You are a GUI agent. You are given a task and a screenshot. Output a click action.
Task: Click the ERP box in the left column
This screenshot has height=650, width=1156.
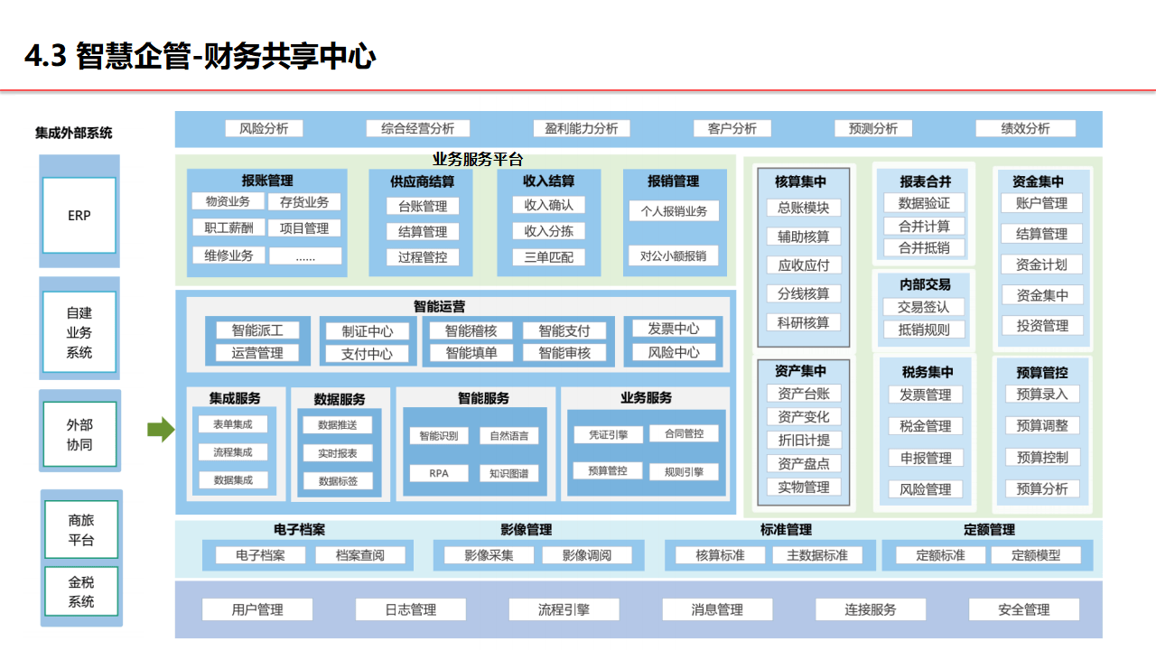tap(79, 216)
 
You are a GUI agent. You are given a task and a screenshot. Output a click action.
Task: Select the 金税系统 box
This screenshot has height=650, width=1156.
tap(80, 591)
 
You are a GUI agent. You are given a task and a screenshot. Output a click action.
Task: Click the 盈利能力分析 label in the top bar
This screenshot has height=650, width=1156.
tap(575, 128)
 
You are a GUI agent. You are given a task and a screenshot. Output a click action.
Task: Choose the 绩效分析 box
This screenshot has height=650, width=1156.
tap(1025, 128)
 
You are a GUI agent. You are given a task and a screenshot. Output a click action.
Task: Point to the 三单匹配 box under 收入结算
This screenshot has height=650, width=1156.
tap(549, 256)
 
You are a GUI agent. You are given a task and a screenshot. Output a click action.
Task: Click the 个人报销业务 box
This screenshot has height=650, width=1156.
tap(674, 211)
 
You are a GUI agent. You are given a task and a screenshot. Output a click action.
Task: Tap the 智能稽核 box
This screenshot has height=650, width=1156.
tap(471, 331)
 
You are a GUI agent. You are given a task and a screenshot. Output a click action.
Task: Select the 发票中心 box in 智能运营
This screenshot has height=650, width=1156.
tap(674, 329)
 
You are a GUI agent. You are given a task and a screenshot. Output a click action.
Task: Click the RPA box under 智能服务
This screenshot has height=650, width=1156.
tap(439, 472)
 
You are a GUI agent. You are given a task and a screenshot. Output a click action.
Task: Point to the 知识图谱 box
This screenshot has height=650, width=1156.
tap(509, 472)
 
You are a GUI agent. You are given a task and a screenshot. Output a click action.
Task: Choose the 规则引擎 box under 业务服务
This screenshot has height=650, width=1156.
tap(684, 471)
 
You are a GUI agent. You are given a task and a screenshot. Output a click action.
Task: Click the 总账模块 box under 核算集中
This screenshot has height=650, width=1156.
tap(804, 208)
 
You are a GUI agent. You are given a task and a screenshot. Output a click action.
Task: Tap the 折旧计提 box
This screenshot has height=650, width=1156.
tap(804, 441)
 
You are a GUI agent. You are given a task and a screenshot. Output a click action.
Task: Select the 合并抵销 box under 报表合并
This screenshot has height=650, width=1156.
tap(924, 247)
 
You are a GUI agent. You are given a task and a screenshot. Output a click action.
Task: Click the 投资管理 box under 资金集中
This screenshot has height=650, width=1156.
tap(1042, 326)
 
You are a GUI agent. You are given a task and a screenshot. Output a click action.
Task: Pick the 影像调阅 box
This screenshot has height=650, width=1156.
tap(587, 555)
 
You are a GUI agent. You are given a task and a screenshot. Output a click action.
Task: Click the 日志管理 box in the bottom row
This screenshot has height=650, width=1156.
tap(411, 610)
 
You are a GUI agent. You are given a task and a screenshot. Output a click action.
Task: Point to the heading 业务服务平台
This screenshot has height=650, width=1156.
tap(478, 160)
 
